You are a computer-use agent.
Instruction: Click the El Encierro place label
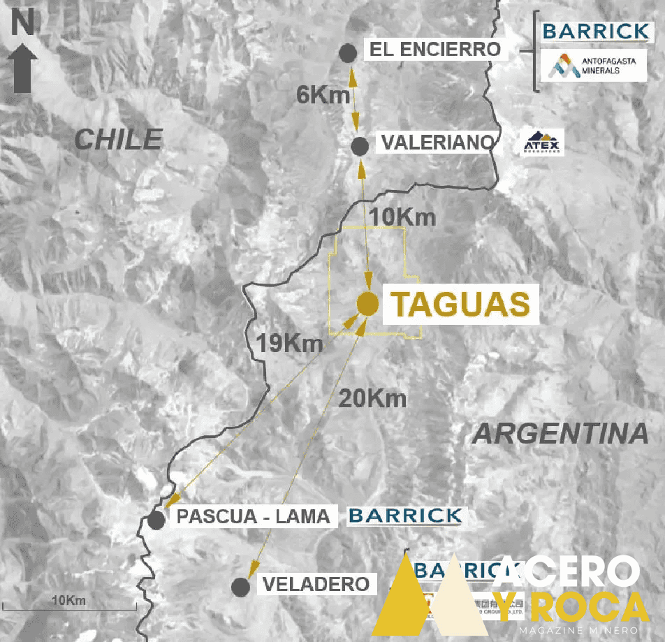(x=435, y=50)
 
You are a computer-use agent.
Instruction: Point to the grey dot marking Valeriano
(x=360, y=146)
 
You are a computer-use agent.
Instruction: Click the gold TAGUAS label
(x=459, y=305)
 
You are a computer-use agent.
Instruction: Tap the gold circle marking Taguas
(x=367, y=304)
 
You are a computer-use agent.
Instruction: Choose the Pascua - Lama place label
(x=253, y=517)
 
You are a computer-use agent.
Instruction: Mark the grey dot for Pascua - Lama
(x=156, y=520)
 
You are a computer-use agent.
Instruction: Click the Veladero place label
(x=316, y=584)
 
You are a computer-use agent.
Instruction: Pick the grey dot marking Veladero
(x=241, y=587)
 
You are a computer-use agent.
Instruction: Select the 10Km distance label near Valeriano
(x=403, y=217)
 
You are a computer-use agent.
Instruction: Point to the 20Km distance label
(x=372, y=399)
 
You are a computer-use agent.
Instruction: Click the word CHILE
(x=119, y=139)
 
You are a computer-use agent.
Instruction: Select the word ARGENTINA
(x=561, y=434)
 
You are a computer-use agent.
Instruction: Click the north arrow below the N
(x=25, y=68)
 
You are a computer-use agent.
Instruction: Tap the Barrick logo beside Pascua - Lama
(x=405, y=516)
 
